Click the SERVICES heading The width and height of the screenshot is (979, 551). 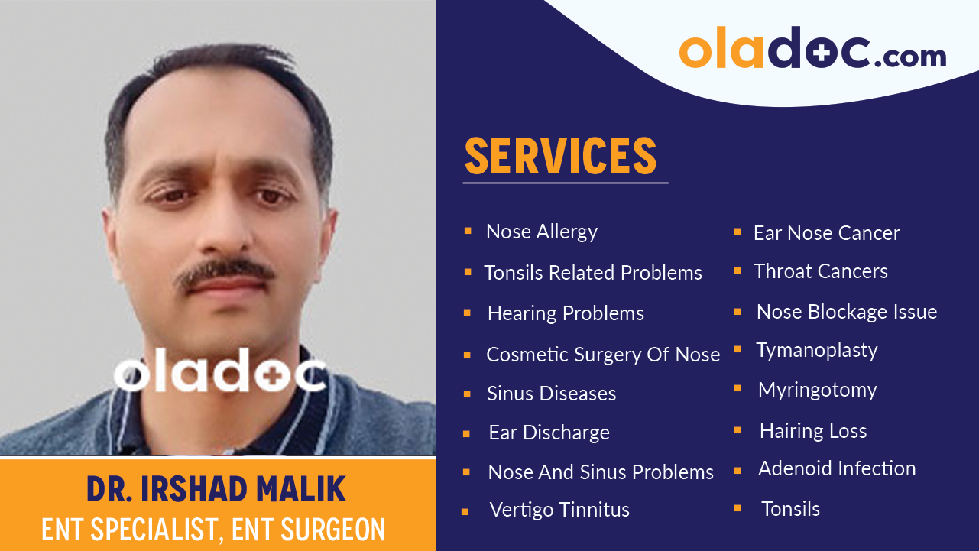pos(561,156)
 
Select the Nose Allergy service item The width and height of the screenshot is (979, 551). pos(542,232)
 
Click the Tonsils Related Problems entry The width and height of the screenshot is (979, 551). pos(593,273)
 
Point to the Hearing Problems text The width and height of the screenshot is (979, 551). pos(566,313)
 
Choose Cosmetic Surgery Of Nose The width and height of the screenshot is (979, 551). pos(603,355)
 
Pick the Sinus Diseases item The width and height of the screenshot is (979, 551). pos(551,394)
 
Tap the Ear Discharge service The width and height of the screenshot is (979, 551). pos(549,433)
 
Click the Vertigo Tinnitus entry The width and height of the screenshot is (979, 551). pos(559,510)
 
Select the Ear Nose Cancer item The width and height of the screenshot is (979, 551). pos(826,233)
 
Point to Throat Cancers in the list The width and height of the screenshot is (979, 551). pos(820,271)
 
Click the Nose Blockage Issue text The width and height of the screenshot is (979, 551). pos(846,312)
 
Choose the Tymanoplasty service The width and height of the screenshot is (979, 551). pos(816,350)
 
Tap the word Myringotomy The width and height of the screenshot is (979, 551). pos(817,390)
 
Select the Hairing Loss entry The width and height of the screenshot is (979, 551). pos(812,431)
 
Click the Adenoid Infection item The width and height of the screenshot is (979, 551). pos(836,468)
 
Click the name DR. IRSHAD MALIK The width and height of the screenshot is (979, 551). pos(216,489)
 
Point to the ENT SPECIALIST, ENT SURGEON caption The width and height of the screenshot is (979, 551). pos(213,530)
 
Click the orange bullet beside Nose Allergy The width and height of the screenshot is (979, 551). pos(468,230)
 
